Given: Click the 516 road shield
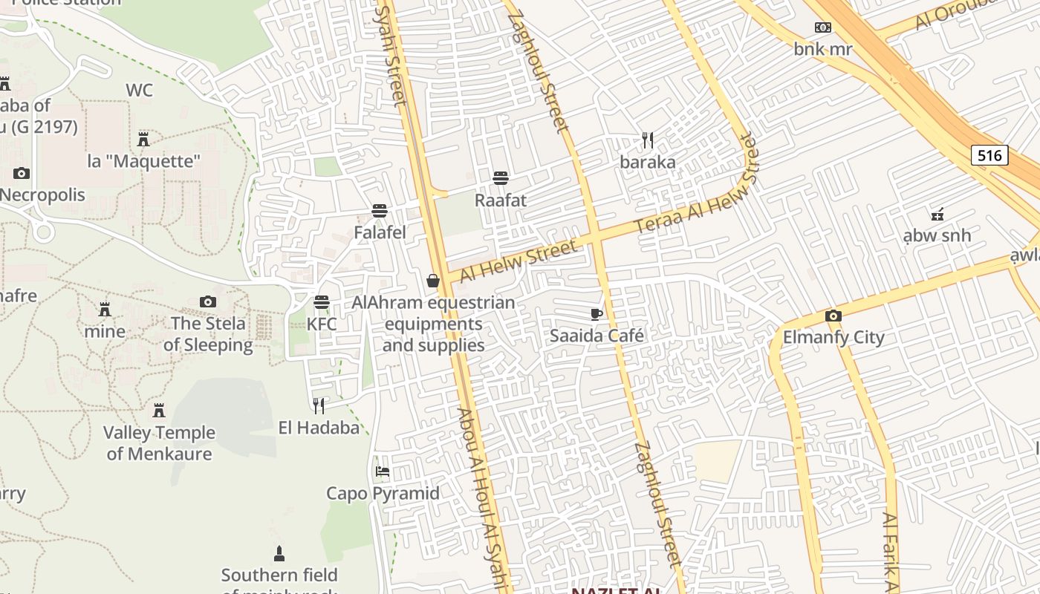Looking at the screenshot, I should (x=989, y=155).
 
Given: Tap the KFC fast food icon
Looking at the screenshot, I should (x=322, y=302).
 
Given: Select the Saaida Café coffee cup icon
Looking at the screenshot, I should (x=597, y=314).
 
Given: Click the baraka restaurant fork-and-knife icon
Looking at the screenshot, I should (x=648, y=140).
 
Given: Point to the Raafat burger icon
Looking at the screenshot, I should (x=501, y=178).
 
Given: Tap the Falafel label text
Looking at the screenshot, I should (x=380, y=232).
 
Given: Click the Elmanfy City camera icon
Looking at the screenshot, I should (x=833, y=316).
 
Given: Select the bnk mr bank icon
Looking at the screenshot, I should (x=822, y=27).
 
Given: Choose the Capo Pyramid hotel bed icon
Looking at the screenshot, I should (x=383, y=471).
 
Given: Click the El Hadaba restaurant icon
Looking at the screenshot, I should (x=319, y=405).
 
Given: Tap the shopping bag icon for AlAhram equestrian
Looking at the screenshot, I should (x=433, y=281).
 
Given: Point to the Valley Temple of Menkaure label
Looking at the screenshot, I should (x=159, y=443).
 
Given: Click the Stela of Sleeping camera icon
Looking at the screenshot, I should (x=208, y=301).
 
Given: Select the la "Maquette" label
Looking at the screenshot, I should (x=144, y=161).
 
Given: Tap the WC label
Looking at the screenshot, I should (x=139, y=91).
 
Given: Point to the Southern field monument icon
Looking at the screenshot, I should (x=279, y=553).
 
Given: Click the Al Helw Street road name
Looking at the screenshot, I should (x=518, y=261).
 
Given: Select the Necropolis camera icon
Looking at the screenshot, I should (x=22, y=173).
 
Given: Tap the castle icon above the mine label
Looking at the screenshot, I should (x=105, y=309).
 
